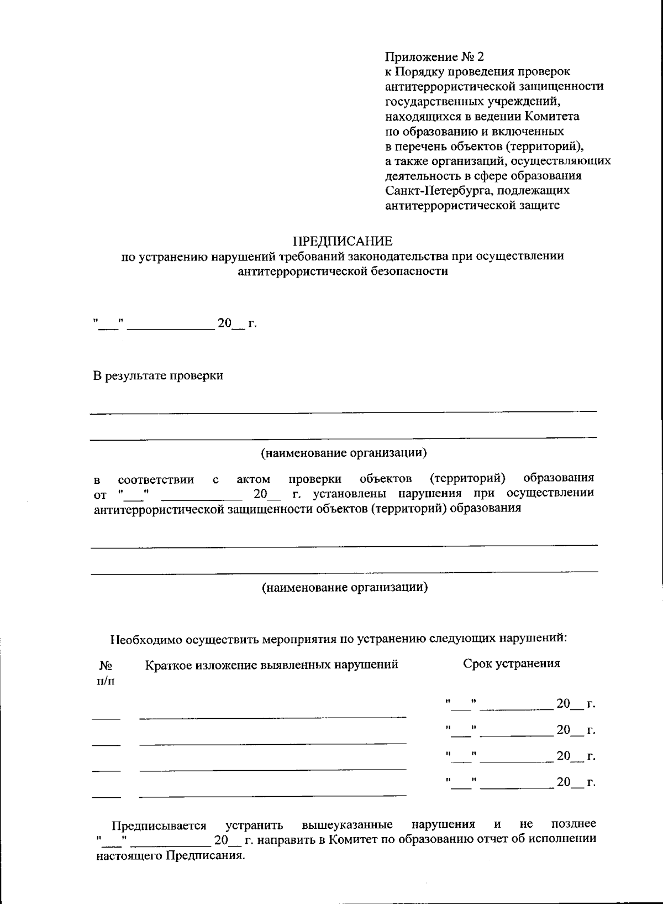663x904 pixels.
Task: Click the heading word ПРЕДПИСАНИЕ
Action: pos(342,242)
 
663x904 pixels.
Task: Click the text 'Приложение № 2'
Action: pos(434,57)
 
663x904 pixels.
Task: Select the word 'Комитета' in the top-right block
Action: pos(552,117)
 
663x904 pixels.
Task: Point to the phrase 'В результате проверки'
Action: pos(158,376)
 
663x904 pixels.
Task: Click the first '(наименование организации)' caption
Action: pos(344,453)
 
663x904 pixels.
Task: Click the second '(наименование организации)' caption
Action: pos(344,587)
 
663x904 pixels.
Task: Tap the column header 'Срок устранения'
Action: pos(511,663)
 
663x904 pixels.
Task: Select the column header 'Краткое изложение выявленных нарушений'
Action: pos(272,665)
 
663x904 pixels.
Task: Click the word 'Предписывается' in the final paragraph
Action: pos(159,826)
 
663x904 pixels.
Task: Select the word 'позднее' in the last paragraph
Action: pos(573,824)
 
